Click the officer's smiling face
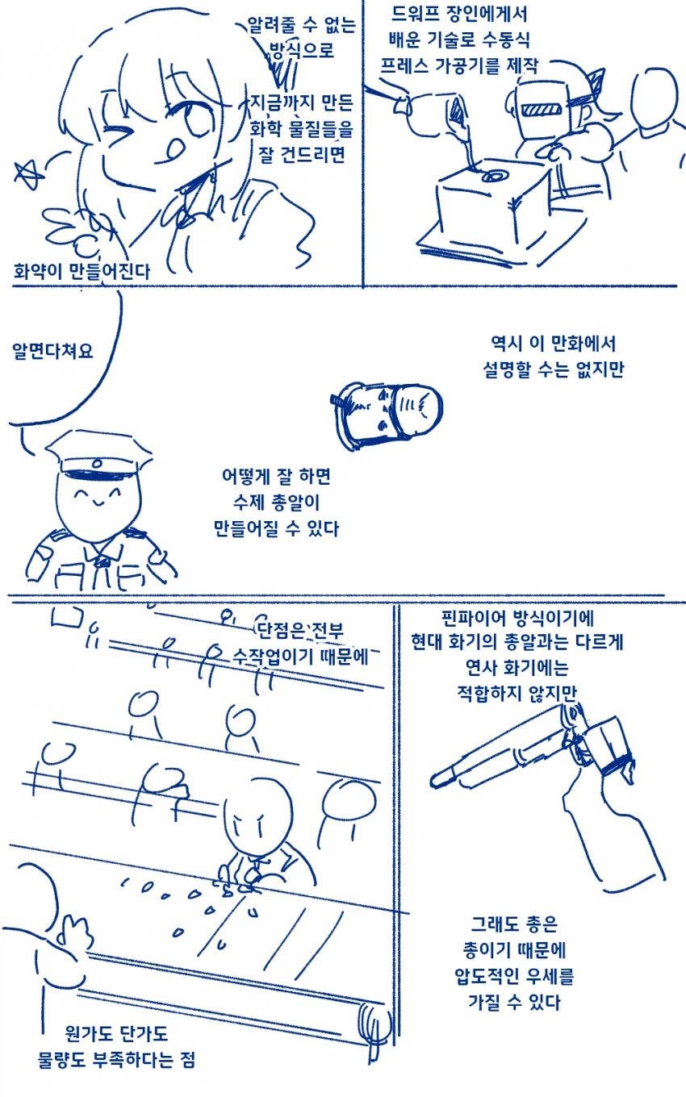point(94,500)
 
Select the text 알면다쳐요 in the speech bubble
point(52,352)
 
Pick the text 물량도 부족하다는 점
point(117,1058)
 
